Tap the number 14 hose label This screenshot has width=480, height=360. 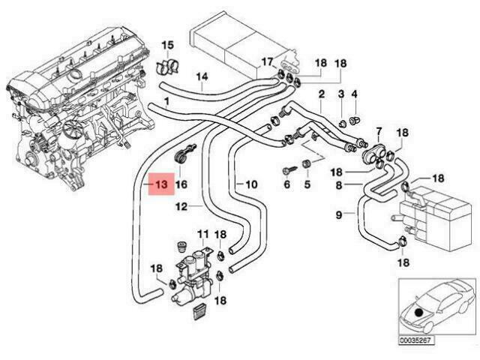point(202,76)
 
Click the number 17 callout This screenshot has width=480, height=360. point(267,61)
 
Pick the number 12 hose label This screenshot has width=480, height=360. point(181,205)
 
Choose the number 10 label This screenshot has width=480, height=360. point(250,184)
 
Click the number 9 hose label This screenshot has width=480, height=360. point(340,214)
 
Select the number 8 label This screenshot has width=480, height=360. point(339,184)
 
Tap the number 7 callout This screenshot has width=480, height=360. point(379,132)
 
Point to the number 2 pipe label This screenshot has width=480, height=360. point(320,94)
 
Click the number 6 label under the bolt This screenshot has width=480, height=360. point(286,184)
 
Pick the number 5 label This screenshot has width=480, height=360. point(306,184)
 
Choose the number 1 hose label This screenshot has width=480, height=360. point(166,100)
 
